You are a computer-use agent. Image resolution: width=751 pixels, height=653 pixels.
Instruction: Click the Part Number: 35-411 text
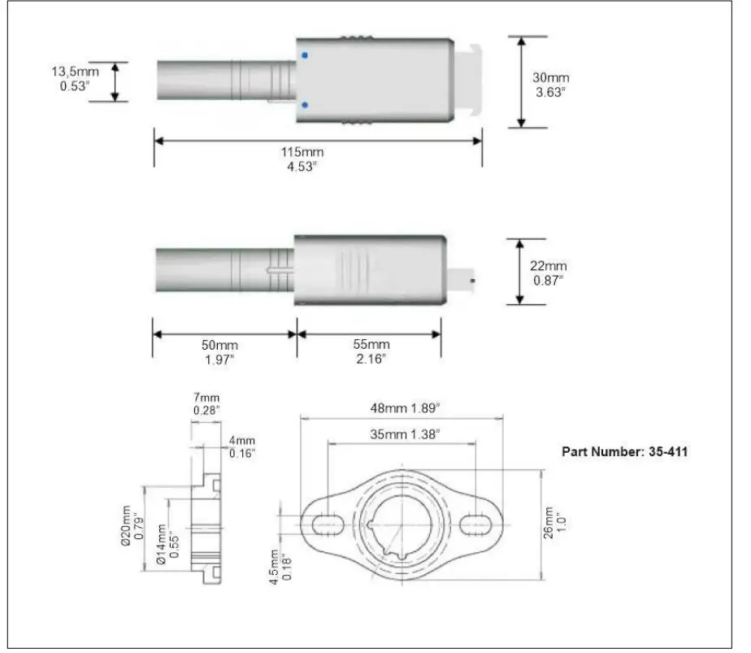pos(625,451)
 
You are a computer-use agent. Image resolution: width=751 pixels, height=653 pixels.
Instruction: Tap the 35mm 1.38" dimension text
pos(403,435)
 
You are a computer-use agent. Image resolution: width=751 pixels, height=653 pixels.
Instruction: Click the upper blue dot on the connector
pos(304,55)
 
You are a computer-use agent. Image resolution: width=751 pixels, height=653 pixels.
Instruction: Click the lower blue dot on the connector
pos(304,105)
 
